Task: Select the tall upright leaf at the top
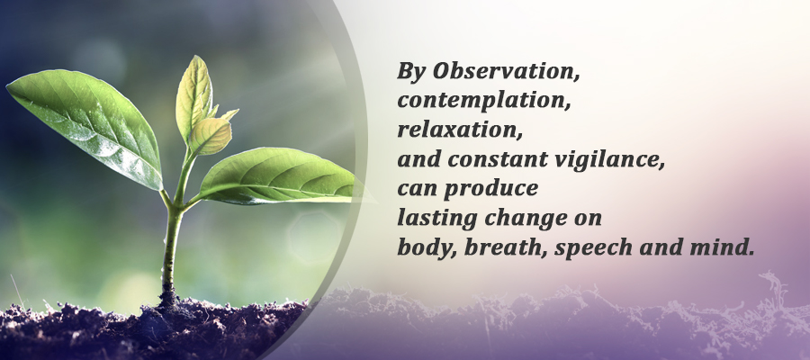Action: [x=194, y=98]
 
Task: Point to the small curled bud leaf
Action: [x=211, y=136]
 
